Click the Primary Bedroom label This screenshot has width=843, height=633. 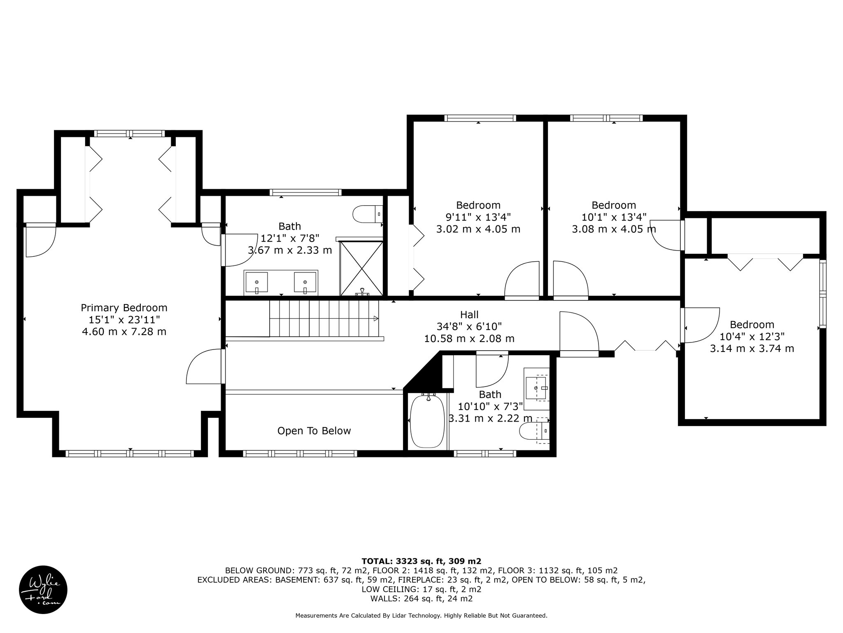click(124, 308)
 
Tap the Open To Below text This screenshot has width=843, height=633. click(314, 431)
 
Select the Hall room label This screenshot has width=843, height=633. click(469, 315)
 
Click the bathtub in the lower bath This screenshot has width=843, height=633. click(428, 421)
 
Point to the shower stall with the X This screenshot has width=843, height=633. click(361, 269)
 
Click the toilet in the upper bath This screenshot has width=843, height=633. click(367, 214)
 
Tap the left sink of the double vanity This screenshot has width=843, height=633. click(256, 283)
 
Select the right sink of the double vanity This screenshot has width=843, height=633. click(305, 283)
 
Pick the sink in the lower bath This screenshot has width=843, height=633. click(536, 388)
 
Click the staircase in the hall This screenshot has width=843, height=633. click(324, 319)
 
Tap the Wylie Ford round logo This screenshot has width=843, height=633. click(43, 590)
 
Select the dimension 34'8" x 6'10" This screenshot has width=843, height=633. click(469, 327)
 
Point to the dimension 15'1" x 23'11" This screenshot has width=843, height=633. click(124, 319)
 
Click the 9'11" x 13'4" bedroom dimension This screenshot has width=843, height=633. click(478, 217)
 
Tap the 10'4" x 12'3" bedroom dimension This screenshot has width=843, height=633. click(752, 336)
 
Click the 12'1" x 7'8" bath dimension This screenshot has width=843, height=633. click(290, 238)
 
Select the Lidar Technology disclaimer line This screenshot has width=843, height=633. click(421, 627)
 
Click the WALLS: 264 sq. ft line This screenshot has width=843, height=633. click(421, 599)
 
